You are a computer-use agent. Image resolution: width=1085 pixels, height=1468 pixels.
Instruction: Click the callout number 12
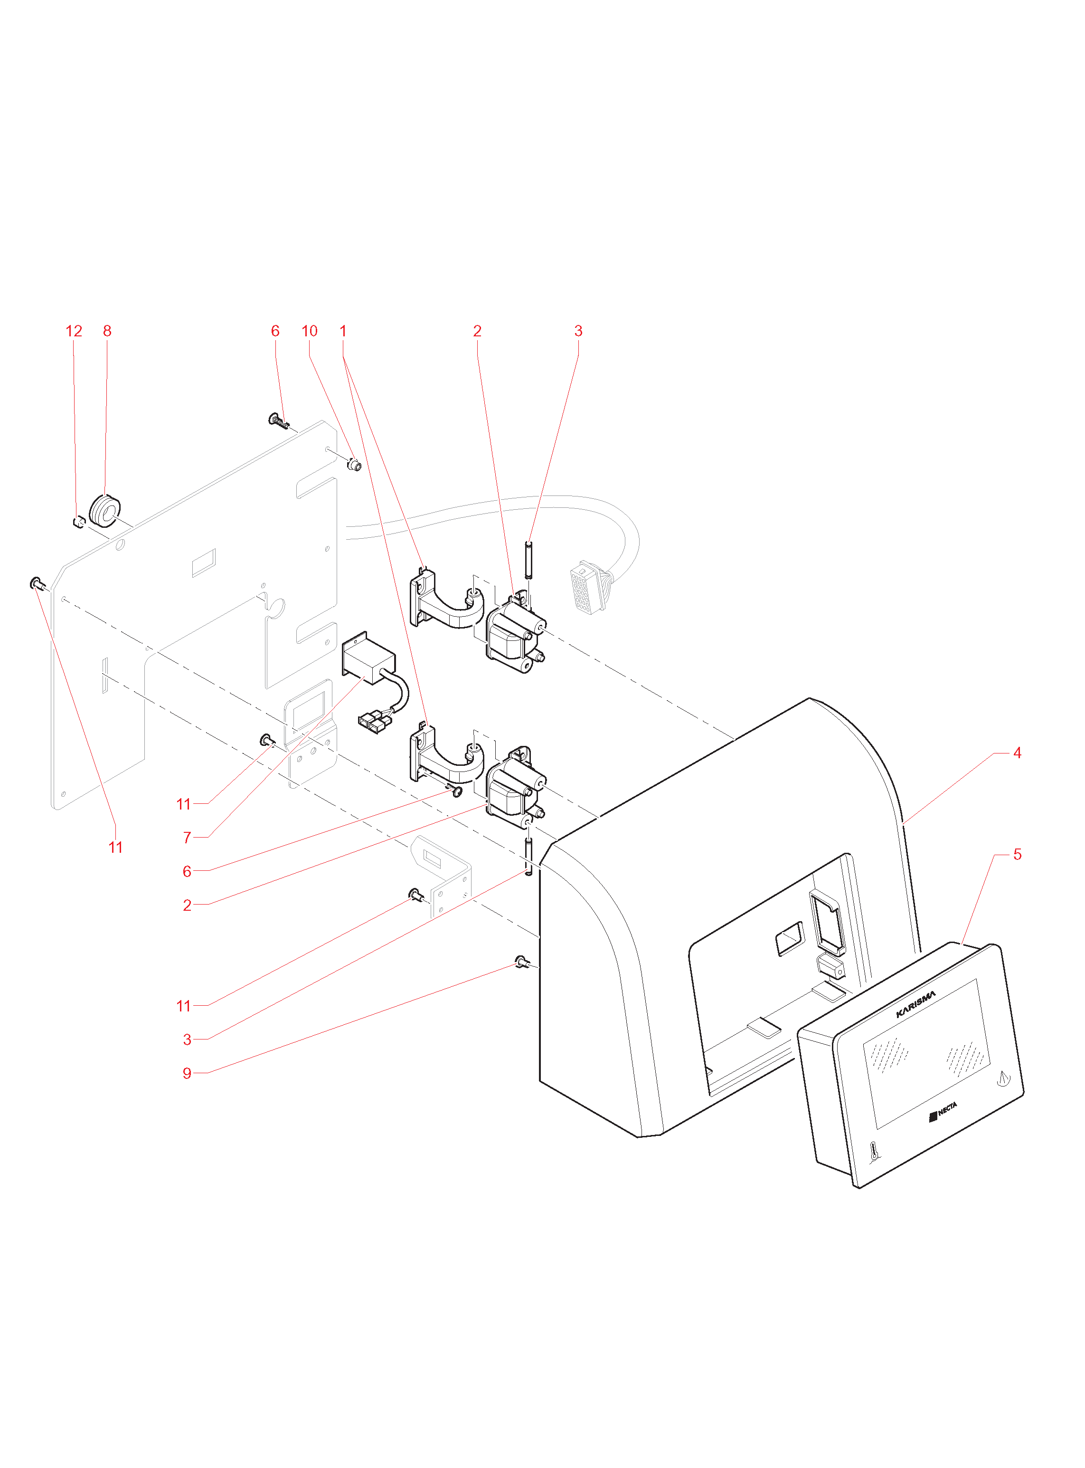pos(74,331)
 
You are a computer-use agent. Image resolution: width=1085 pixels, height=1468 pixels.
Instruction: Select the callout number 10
pos(309,331)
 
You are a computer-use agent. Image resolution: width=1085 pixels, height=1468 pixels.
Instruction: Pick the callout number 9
pos(187,1074)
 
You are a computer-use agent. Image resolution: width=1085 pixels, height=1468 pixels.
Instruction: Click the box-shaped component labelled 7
pos(368,658)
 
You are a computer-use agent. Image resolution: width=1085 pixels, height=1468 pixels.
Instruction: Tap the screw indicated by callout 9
pos(521,963)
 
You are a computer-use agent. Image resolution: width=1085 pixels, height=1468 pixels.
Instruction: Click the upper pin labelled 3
pos(528,560)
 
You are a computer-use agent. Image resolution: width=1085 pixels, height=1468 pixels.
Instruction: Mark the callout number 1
pos(343,331)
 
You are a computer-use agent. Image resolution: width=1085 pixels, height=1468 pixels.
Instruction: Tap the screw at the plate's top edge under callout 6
pos(280,420)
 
